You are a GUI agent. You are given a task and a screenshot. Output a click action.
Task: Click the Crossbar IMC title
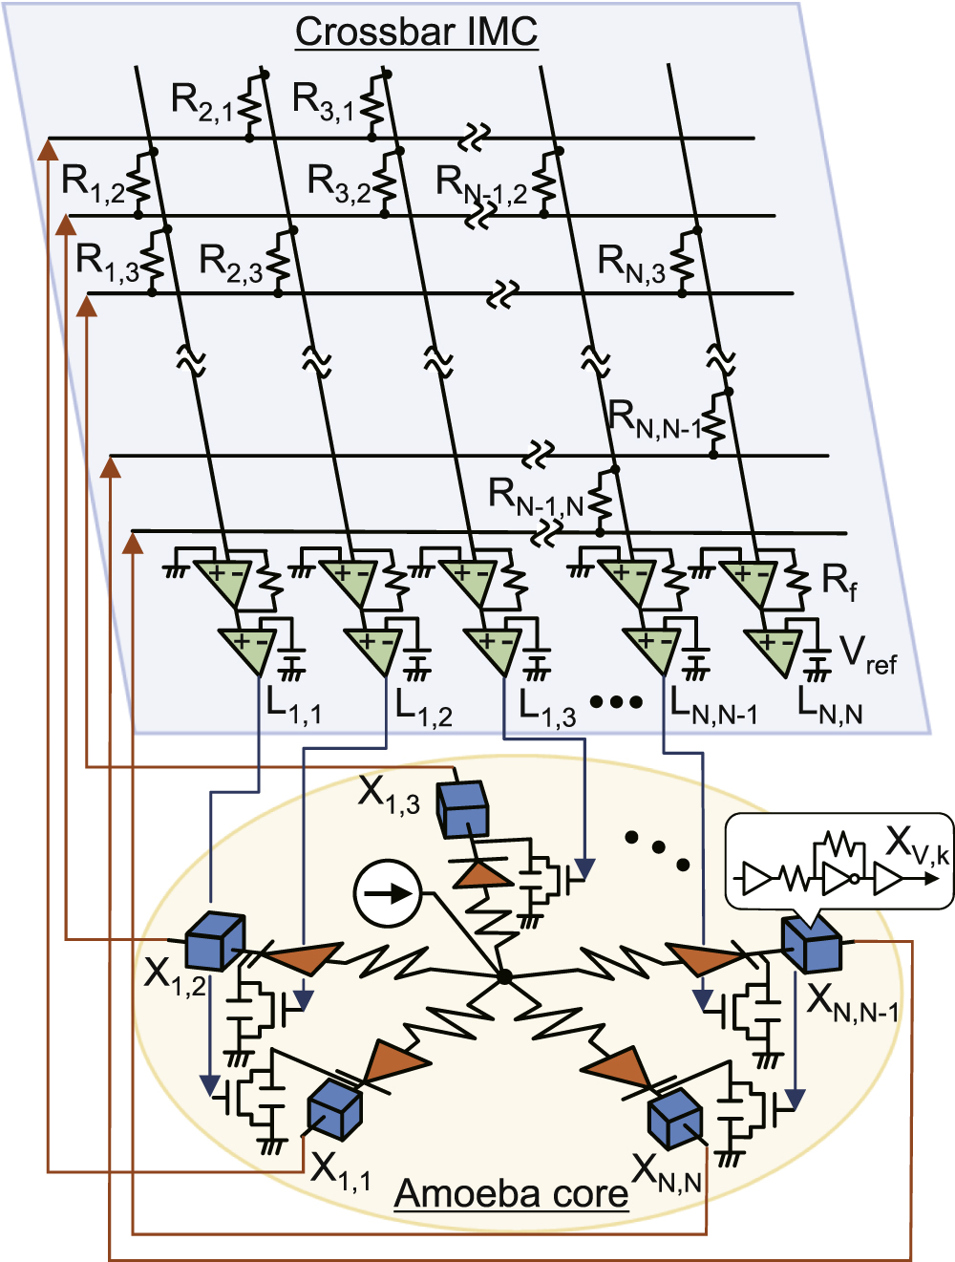[x=416, y=32]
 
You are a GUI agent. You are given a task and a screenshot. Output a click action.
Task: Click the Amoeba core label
[x=511, y=1193]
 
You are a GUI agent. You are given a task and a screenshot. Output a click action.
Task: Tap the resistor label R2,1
[x=202, y=101]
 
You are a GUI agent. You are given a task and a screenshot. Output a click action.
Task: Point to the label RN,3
[x=630, y=262]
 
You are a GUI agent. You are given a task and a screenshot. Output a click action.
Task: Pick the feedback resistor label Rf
[x=839, y=581]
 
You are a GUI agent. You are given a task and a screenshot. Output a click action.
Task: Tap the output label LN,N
[x=829, y=706]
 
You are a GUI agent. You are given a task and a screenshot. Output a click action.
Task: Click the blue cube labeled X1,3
[x=462, y=810]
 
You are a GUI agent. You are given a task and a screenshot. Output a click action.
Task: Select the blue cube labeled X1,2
[x=214, y=941]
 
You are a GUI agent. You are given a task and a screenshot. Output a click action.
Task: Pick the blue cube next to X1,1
[x=334, y=1110]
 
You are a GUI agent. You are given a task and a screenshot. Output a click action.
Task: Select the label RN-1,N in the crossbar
[x=535, y=498]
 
